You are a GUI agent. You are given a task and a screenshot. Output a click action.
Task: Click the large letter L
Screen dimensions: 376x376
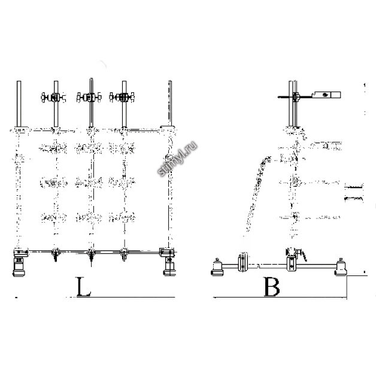[83, 286]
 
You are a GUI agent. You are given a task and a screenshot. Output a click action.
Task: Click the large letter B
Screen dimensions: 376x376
[272, 287]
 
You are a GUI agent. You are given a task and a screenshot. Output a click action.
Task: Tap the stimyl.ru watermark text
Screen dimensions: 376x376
[178, 159]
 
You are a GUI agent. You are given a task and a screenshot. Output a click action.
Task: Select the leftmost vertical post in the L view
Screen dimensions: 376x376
[19, 104]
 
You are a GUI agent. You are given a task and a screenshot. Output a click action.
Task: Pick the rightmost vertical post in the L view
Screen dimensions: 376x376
[170, 104]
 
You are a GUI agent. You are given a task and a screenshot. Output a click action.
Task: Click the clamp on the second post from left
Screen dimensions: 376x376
[53, 97]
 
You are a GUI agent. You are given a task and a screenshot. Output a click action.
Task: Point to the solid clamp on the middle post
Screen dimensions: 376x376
[89, 97]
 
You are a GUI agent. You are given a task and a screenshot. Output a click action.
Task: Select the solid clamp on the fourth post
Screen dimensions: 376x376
[122, 97]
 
